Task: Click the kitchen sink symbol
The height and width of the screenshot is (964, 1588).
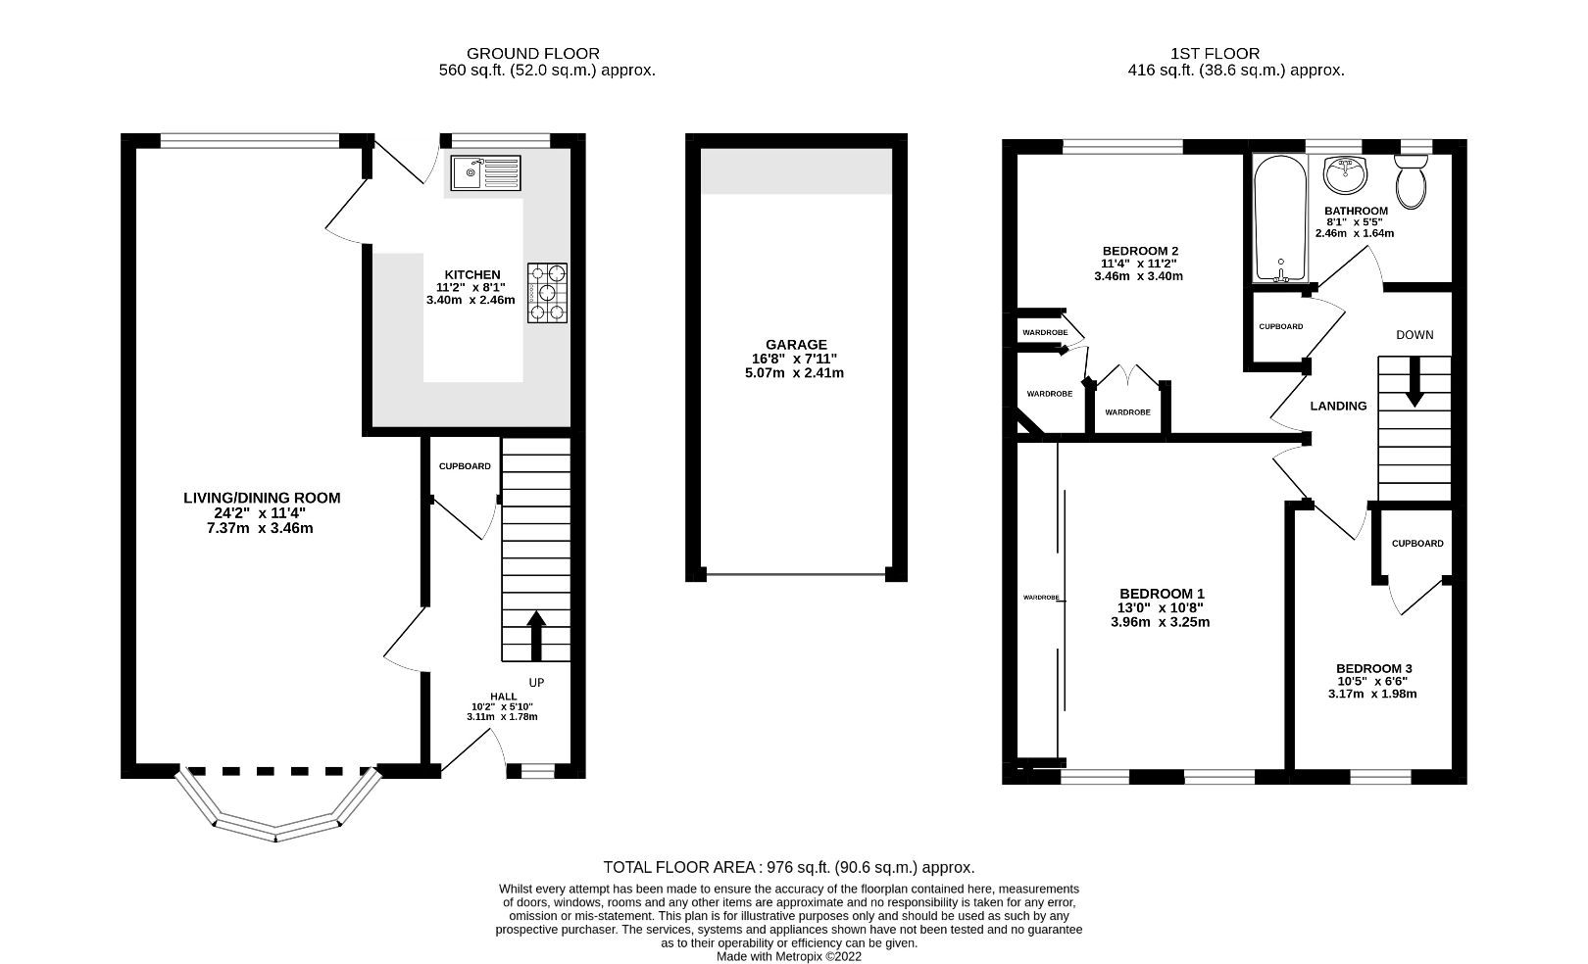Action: pyautogui.click(x=485, y=173)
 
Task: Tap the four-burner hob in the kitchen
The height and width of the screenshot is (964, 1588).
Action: pyautogui.click(x=548, y=292)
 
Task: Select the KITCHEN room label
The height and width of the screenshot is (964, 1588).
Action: pyautogui.click(x=472, y=274)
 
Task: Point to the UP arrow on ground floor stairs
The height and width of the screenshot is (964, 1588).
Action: pyautogui.click(x=535, y=635)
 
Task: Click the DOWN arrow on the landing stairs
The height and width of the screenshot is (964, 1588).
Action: pyautogui.click(x=1414, y=381)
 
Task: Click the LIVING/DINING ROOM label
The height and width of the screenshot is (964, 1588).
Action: pyautogui.click(x=262, y=498)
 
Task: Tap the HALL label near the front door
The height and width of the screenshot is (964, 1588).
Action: pyautogui.click(x=504, y=696)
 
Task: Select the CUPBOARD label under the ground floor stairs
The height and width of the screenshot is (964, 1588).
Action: pyautogui.click(x=465, y=466)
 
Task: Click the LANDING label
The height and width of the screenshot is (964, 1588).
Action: pyautogui.click(x=1338, y=406)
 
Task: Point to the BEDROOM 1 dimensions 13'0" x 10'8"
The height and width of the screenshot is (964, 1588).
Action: pyautogui.click(x=1162, y=607)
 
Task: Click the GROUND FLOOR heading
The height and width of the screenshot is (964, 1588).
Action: pyautogui.click(x=532, y=54)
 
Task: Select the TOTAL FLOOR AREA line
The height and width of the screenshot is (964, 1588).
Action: pyautogui.click(x=788, y=867)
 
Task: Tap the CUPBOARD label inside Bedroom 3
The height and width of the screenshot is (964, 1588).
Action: pyautogui.click(x=1416, y=544)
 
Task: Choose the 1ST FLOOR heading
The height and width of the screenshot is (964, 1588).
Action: pyautogui.click(x=1215, y=54)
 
